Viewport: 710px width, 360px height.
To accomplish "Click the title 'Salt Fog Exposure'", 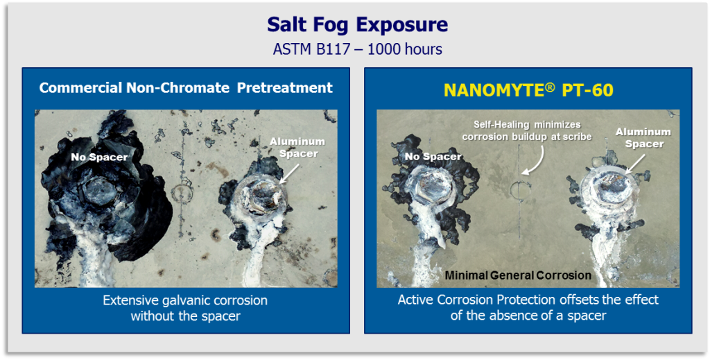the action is coord(357,24).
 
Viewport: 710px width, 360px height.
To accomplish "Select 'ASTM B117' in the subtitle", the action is coord(311,49).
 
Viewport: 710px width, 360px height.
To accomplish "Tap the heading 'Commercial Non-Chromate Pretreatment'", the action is coord(186,87).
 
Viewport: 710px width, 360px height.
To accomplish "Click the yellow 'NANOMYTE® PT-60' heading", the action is coord(528,90).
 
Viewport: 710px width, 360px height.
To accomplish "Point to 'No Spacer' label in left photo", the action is coord(99,157).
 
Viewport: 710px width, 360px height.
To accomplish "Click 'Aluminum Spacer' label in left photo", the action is coord(297,147).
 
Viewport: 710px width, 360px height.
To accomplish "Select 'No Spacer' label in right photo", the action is coord(433,157).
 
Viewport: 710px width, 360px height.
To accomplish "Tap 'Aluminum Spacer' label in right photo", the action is coord(643,137).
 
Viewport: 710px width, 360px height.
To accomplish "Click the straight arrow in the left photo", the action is coord(289,173).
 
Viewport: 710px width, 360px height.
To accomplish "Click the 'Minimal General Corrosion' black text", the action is coord(518,275).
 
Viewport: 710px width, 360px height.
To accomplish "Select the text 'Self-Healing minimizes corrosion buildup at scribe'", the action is coord(527,130).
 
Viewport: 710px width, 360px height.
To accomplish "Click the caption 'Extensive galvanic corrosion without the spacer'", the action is coord(185,308).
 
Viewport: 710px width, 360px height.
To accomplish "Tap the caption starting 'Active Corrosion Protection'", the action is coord(528,307).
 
